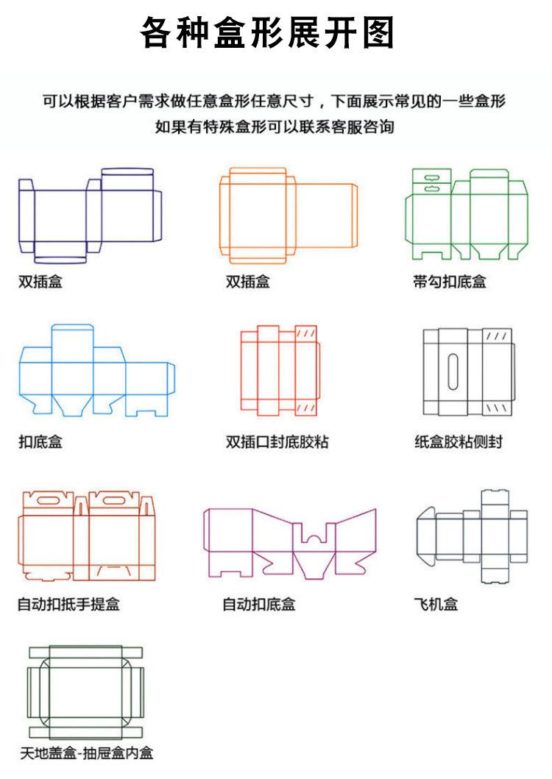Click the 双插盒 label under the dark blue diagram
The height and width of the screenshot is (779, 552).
click(40, 281)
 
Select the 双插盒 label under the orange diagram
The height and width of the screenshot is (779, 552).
click(248, 281)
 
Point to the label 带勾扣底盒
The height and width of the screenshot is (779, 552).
click(450, 281)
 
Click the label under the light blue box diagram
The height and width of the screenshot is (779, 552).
click(40, 442)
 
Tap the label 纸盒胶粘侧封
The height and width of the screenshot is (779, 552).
click(459, 442)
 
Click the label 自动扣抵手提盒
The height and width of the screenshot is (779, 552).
click(68, 605)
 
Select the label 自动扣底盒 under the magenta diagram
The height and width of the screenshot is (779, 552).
click(259, 605)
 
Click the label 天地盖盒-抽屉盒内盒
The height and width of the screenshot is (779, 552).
click(86, 753)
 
